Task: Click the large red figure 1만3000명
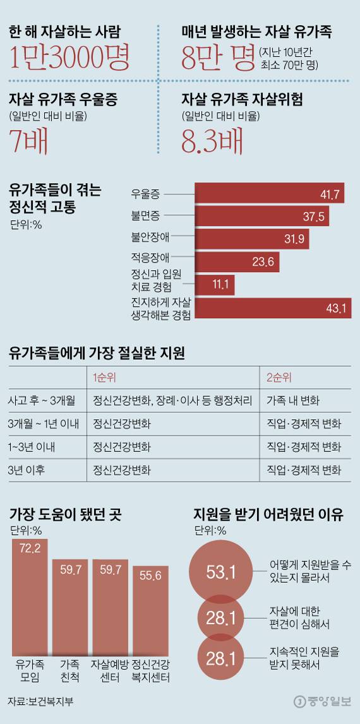click(x=70, y=58)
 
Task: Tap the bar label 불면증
click(x=145, y=217)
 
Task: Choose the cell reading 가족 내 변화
click(x=293, y=400)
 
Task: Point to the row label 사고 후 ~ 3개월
click(x=42, y=400)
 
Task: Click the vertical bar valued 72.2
click(x=30, y=596)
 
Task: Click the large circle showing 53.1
click(x=221, y=572)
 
